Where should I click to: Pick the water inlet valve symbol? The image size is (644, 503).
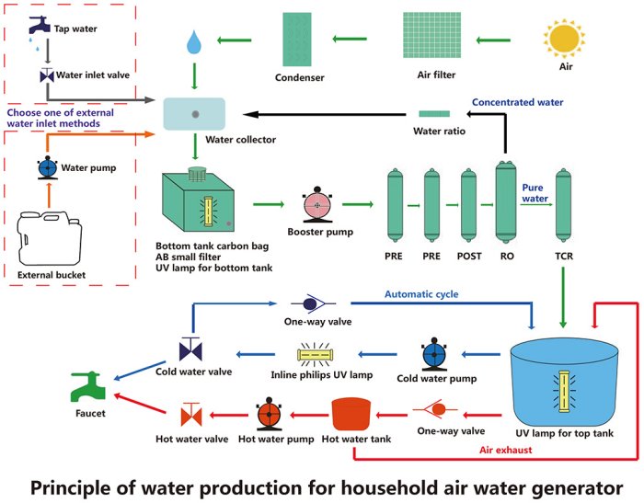[x=48, y=76]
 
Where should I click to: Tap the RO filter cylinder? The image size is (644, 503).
[x=507, y=204]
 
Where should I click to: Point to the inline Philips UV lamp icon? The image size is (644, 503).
[x=321, y=354]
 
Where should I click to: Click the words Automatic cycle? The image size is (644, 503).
[x=422, y=295]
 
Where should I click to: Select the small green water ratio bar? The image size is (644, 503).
[x=433, y=114]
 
